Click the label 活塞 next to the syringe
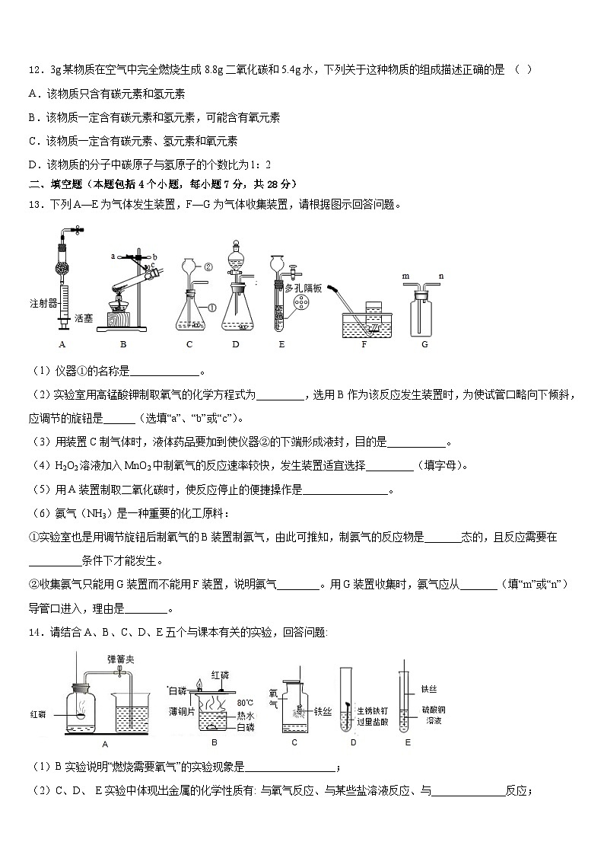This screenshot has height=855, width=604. click(83, 317)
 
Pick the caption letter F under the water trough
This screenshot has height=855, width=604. click(364, 344)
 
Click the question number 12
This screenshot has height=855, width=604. click(35, 69)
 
